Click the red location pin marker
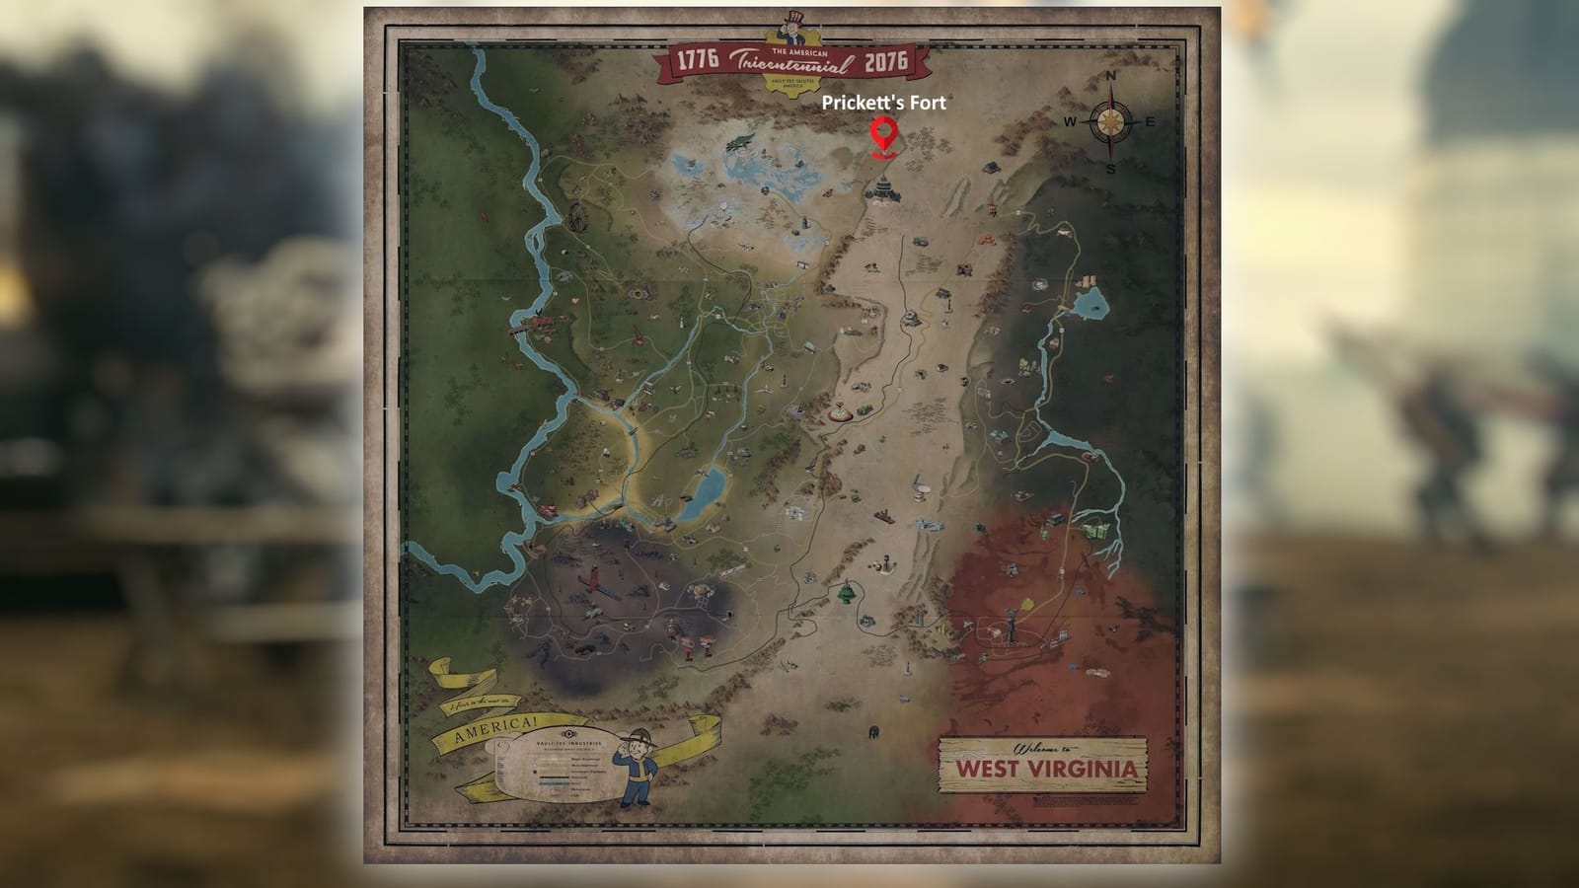tap(882, 135)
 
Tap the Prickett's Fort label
tap(883, 102)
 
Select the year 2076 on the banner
tap(885, 62)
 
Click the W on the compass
tap(1070, 122)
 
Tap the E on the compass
tap(1150, 122)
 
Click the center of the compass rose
tap(1110, 122)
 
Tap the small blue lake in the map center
tap(704, 490)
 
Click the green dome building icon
tap(846, 592)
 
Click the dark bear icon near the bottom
tap(872, 732)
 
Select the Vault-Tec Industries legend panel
tap(558, 773)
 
